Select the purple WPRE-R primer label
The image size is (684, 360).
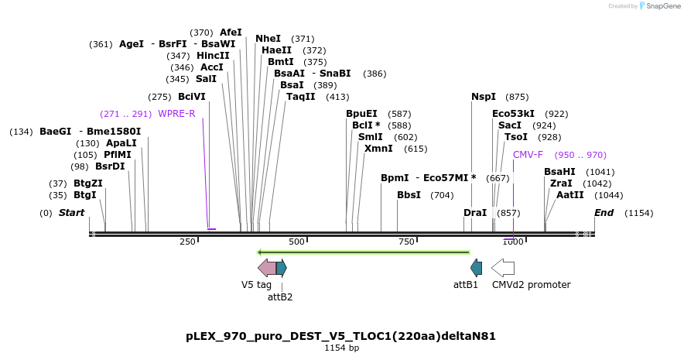point(176,114)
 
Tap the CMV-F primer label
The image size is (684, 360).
point(528,155)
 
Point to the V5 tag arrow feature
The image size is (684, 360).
point(266,268)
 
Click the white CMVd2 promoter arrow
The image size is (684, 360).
point(503,268)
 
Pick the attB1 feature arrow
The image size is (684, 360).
point(477,268)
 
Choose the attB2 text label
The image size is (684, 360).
point(280,297)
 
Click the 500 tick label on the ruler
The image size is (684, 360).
point(297,242)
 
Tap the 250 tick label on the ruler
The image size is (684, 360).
point(188,242)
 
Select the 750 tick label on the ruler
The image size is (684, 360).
point(406,242)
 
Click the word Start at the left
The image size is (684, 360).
point(71,213)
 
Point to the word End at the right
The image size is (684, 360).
point(604,213)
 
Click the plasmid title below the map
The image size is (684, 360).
point(340,336)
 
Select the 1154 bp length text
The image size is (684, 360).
point(341,348)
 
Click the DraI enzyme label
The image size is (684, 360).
point(475,213)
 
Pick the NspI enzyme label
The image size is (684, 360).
point(484,97)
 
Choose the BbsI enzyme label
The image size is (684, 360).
point(409,195)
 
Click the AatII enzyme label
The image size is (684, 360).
point(570,195)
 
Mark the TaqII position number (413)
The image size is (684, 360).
point(337,97)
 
